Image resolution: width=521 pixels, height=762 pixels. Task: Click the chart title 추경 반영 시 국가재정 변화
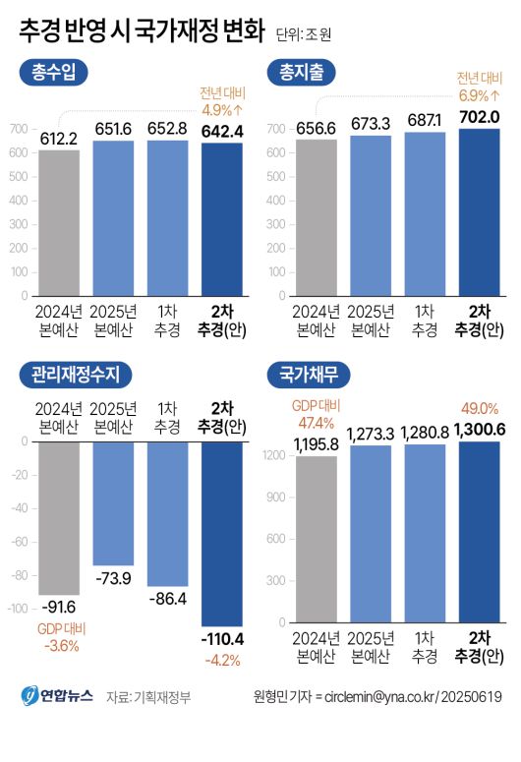pyautogui.click(x=142, y=31)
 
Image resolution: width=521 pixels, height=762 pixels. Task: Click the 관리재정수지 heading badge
pyautogui.click(x=75, y=375)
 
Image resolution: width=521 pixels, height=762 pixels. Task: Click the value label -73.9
pyautogui.click(x=113, y=576)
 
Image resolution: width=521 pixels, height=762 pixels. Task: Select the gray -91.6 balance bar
pyautogui.click(x=59, y=516)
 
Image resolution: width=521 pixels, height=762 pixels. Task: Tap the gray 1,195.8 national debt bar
pyautogui.click(x=316, y=541)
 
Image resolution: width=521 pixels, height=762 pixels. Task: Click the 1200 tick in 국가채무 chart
pyautogui.click(x=279, y=455)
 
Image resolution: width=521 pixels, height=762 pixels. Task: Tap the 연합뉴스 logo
pyautogui.click(x=57, y=696)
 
